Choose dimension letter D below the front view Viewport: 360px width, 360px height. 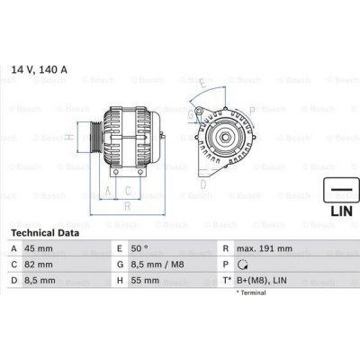(x=204, y=184)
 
